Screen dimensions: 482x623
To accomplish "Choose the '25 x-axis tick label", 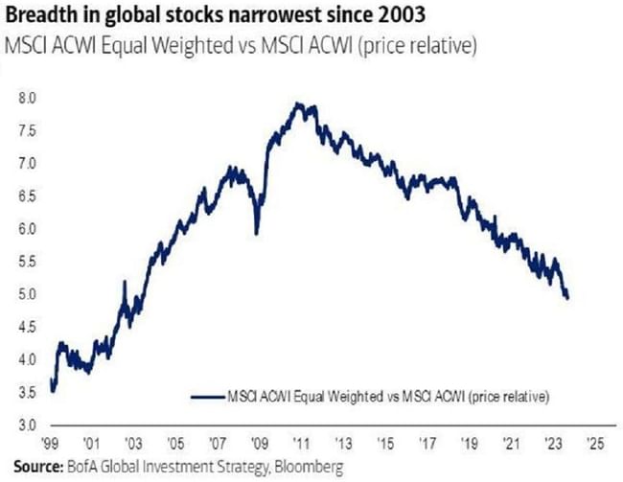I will point(595,446).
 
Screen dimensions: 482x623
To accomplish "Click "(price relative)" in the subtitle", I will point(426,44).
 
